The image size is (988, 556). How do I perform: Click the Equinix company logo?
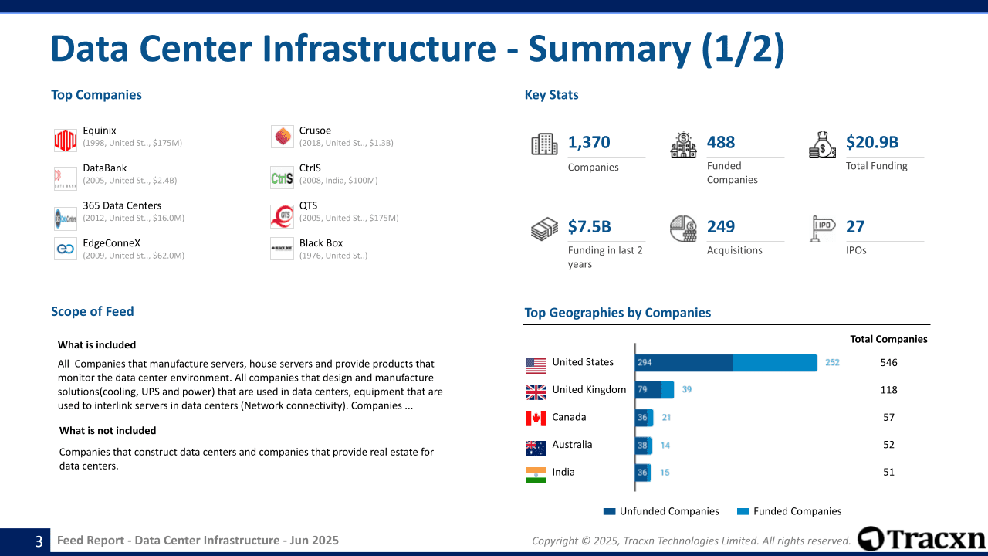[66, 140]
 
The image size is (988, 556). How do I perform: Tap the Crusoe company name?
[315, 131]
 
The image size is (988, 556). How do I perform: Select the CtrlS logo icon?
[282, 178]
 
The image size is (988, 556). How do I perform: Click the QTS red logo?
[282, 215]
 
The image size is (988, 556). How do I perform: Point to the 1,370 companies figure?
[589, 142]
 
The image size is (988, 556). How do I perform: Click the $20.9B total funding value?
[872, 142]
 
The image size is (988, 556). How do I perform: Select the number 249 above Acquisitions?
[721, 226]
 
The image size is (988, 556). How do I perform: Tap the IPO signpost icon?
[823, 229]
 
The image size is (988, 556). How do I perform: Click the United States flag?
[536, 365]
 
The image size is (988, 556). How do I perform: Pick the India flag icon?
[536, 475]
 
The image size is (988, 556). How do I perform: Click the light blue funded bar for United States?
[774, 362]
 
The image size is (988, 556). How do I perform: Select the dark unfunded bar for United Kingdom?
[648, 390]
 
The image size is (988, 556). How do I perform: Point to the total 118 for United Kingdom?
[888, 390]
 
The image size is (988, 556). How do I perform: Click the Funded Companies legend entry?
[797, 511]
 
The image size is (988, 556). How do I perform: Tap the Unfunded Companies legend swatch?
[609, 511]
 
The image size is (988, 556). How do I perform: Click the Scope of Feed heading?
[93, 311]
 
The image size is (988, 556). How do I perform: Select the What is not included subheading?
[107, 431]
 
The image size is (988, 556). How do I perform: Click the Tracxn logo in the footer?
[922, 539]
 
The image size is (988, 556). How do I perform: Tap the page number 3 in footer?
[39, 541]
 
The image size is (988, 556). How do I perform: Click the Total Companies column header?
[888, 339]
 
